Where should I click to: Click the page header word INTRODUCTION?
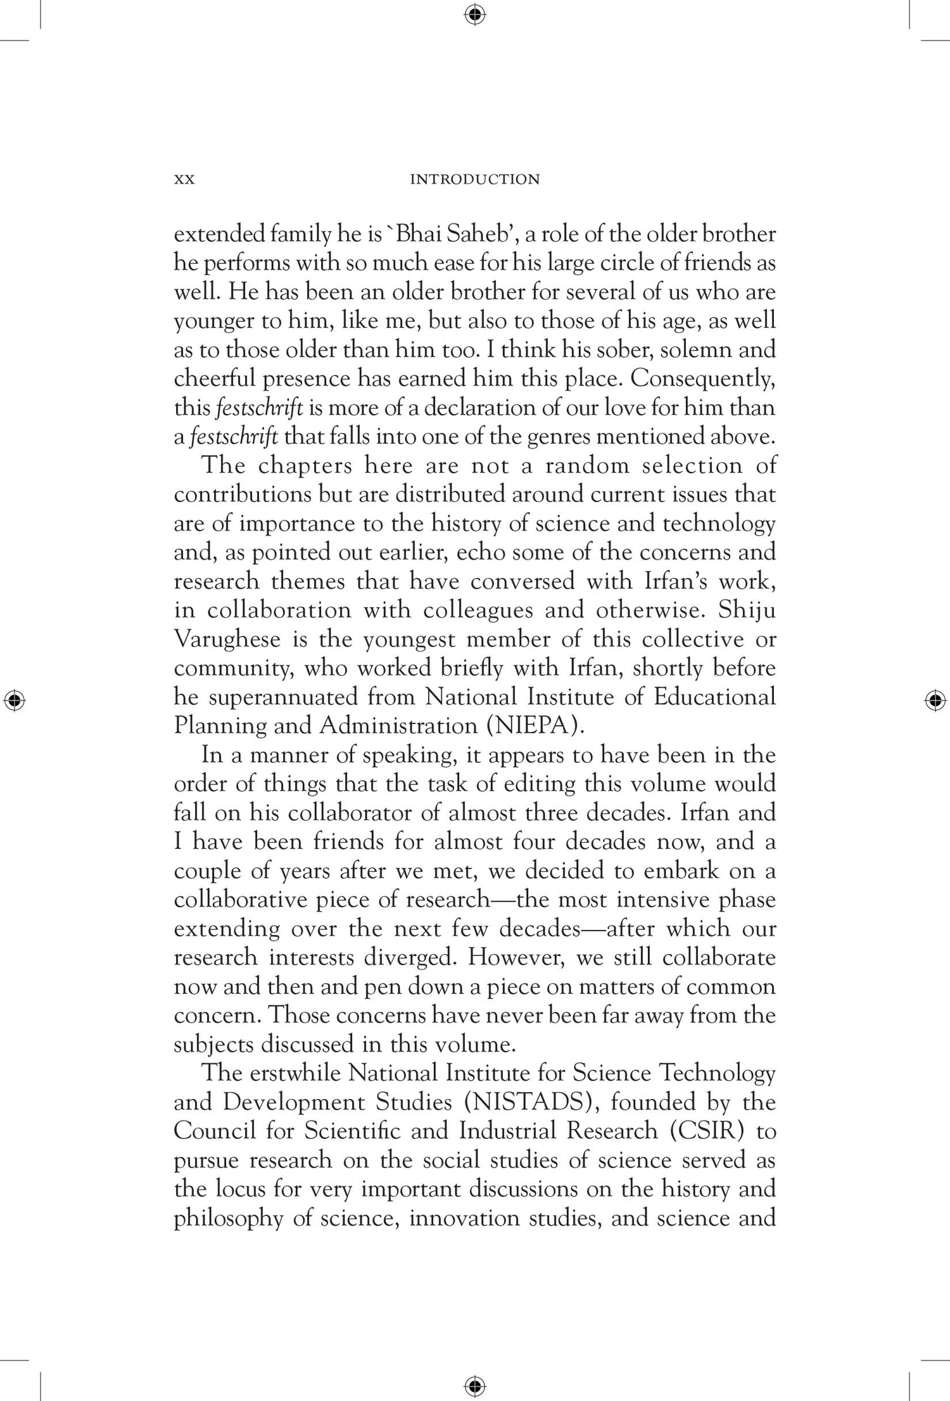click(x=474, y=180)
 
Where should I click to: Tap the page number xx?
click(x=184, y=180)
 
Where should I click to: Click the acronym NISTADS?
click(x=531, y=1102)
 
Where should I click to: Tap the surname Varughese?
click(x=227, y=639)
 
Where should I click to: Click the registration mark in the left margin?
click(x=14, y=700)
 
